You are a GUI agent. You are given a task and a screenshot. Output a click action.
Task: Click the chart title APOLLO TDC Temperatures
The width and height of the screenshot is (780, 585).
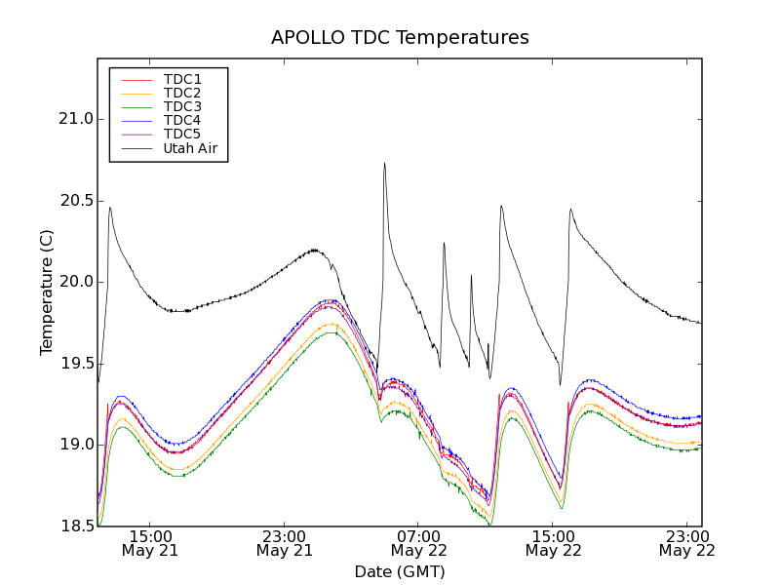pyautogui.click(x=400, y=38)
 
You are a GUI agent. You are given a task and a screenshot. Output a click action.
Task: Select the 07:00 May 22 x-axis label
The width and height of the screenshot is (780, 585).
pyautogui.click(x=418, y=543)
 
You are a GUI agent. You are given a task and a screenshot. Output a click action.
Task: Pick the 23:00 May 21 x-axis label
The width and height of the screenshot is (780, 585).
pyautogui.click(x=285, y=543)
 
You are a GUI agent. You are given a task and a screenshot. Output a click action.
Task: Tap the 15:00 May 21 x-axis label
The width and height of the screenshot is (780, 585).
pyautogui.click(x=150, y=543)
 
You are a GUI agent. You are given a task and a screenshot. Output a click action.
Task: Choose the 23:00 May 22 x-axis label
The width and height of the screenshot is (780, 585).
pyautogui.click(x=686, y=543)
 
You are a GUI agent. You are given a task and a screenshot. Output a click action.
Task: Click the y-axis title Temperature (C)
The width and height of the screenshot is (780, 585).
pyautogui.click(x=47, y=292)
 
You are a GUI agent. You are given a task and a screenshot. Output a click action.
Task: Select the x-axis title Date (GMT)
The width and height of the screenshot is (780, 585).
pyautogui.click(x=400, y=571)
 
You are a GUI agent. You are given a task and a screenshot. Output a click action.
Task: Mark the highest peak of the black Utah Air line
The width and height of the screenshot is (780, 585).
pyautogui.click(x=384, y=163)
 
